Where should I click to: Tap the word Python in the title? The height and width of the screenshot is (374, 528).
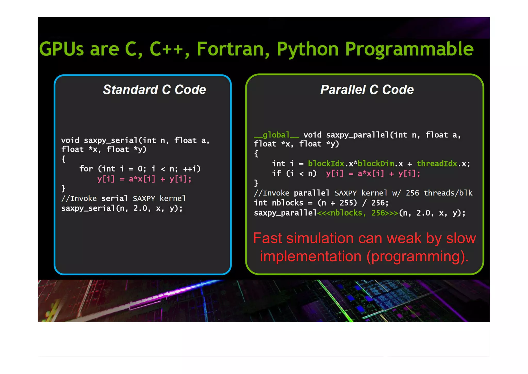click(308, 49)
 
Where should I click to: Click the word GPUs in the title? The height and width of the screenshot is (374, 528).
click(61, 49)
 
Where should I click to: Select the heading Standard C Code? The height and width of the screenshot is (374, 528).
click(154, 90)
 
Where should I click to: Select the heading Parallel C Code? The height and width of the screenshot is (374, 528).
click(367, 90)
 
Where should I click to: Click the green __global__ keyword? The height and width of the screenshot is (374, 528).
click(276, 135)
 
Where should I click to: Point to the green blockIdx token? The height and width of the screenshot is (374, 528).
click(326, 163)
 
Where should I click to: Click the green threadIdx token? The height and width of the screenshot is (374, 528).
click(437, 163)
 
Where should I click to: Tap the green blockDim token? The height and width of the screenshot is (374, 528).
click(376, 163)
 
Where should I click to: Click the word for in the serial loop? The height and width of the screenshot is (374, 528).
click(86, 169)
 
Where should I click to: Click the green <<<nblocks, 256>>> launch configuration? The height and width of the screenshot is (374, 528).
click(358, 213)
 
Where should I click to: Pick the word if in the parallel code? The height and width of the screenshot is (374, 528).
click(277, 173)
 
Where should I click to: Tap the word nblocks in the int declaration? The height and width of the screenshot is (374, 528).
click(287, 203)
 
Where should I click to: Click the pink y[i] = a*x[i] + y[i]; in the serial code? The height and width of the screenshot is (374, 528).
click(144, 179)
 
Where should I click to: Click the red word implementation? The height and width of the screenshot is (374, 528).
click(310, 256)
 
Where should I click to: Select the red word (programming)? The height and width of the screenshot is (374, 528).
click(417, 256)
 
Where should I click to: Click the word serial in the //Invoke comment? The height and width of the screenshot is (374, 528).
click(114, 198)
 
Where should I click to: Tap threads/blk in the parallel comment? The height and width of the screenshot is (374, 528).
click(448, 193)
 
